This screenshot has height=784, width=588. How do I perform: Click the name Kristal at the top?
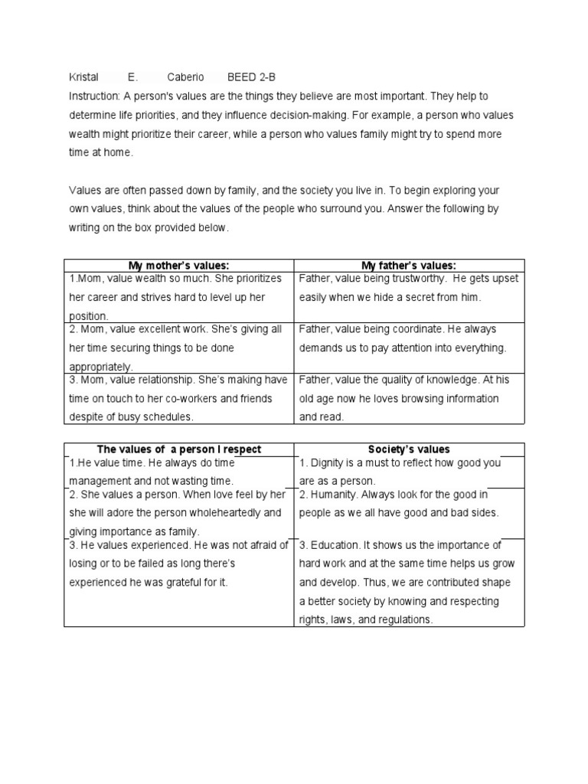84,77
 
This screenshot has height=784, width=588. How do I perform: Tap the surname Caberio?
186,77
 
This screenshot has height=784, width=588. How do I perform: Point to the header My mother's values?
179,266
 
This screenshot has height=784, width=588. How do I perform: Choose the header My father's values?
409,266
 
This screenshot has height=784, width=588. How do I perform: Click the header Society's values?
409,449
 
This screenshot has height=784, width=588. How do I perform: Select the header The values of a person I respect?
179,449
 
